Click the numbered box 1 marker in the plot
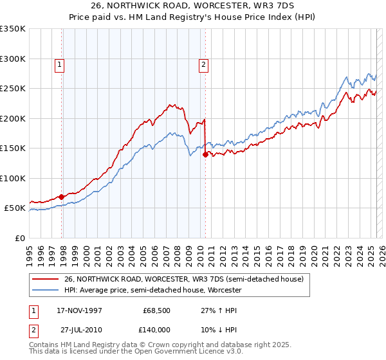[59, 64]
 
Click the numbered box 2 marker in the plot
[203, 64]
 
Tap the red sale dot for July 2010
[205, 154]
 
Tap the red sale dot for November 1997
[62, 197]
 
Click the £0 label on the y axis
[19, 238]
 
